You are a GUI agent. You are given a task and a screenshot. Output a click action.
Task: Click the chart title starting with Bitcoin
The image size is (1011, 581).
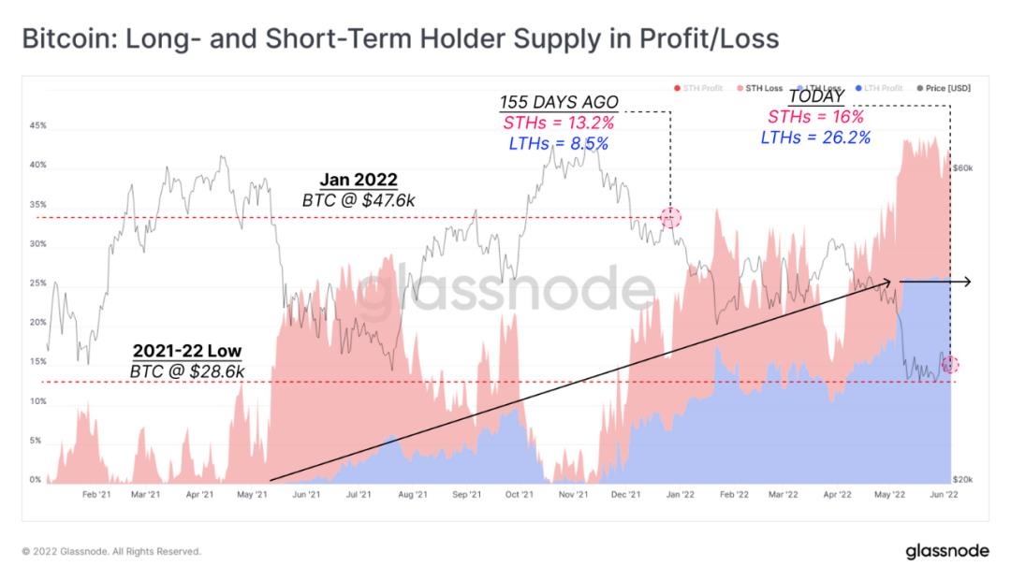tap(400, 39)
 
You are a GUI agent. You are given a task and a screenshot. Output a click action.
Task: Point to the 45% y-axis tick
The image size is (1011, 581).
tap(37, 125)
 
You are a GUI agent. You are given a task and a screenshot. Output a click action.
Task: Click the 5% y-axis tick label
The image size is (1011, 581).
tap(35, 441)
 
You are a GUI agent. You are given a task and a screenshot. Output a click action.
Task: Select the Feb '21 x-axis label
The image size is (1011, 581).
tap(92, 494)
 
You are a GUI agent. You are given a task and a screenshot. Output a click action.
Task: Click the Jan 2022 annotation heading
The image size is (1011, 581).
tap(359, 180)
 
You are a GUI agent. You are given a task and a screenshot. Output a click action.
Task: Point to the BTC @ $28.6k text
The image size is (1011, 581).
tap(187, 372)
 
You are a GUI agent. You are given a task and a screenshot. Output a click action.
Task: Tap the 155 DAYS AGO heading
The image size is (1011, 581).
tap(559, 102)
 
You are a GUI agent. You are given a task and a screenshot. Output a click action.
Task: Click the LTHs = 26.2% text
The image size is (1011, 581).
tap(816, 138)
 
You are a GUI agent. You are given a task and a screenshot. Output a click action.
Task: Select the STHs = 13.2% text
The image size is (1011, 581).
tap(559, 123)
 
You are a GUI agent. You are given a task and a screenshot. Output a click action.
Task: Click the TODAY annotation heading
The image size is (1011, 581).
tap(816, 97)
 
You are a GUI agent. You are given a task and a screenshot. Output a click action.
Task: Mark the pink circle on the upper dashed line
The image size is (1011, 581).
tap(671, 218)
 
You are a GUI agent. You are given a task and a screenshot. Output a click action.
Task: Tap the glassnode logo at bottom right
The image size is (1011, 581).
tap(947, 551)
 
